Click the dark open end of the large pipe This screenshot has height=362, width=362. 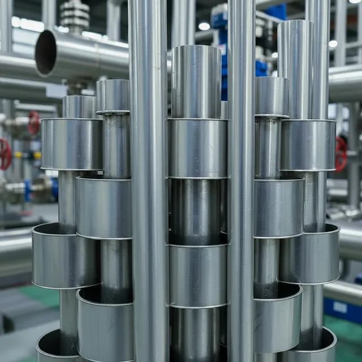tap(46, 53)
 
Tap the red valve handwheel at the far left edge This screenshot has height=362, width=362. tap(5, 154)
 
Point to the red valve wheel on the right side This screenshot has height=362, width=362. tap(341, 153)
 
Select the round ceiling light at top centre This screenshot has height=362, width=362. tap(204, 26)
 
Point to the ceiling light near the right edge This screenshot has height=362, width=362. tap(333, 44)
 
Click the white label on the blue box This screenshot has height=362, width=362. tap(341, 307)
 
